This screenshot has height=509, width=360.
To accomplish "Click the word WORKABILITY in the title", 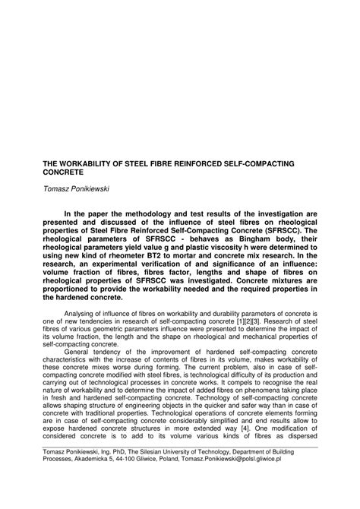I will pyautogui.click(x=84, y=163).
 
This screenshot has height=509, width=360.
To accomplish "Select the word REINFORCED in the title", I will pyautogui.click(x=210, y=163).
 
